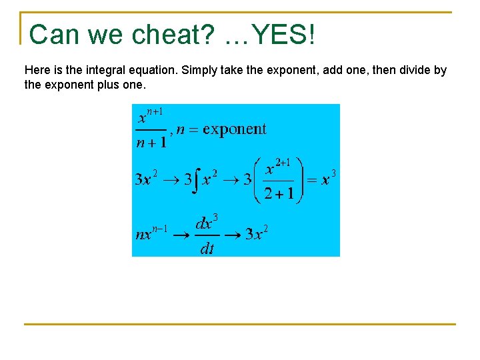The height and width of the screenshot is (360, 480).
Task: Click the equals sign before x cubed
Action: point(311,180)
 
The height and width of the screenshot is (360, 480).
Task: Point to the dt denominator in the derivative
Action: point(207,249)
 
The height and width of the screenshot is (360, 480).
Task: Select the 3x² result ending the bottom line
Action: point(257,233)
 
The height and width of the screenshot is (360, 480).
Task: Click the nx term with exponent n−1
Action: point(151,233)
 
